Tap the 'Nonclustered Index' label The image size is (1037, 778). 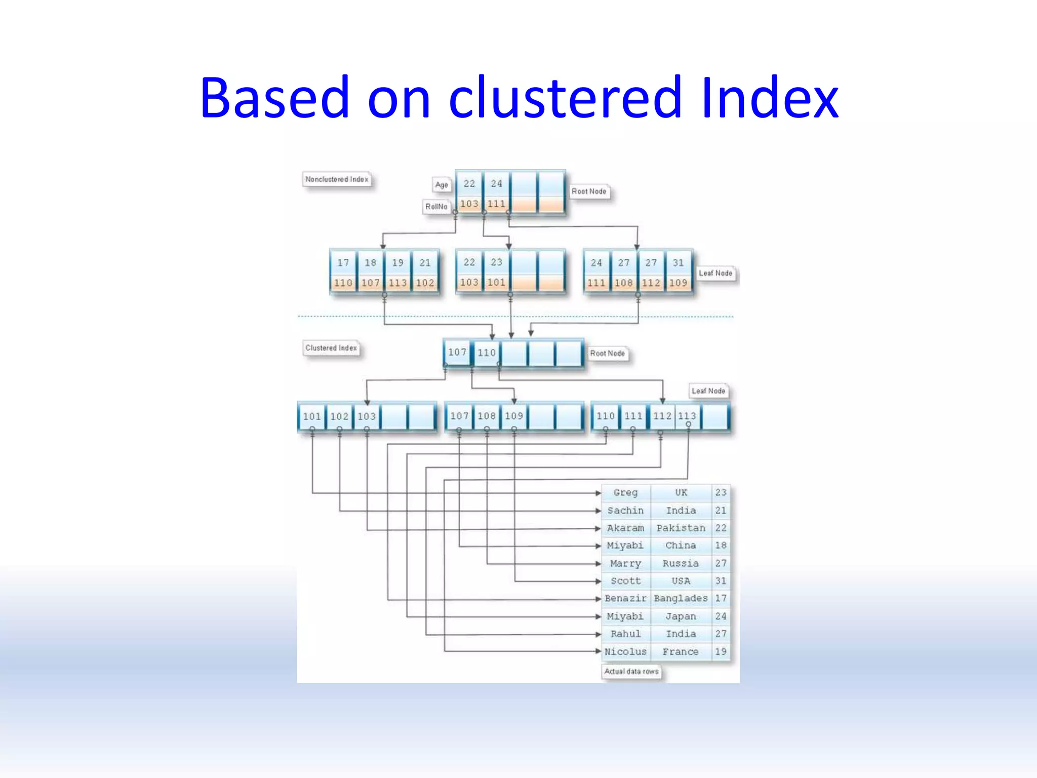(337, 179)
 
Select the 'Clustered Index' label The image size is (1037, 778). (331, 348)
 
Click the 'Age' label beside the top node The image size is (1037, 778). (442, 185)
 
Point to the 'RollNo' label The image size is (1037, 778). (436, 207)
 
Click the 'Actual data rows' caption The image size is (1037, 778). (631, 672)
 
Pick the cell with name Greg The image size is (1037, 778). (625, 492)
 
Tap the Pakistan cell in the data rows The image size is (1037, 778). (681, 528)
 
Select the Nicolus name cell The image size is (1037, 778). (625, 652)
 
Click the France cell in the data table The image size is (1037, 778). (681, 652)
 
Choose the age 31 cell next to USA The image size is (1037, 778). (721, 581)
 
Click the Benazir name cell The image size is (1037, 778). (625, 599)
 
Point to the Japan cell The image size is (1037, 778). (681, 616)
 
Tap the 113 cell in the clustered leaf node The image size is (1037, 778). (687, 416)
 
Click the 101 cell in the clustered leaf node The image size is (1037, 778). (312, 416)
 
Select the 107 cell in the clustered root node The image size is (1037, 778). (457, 352)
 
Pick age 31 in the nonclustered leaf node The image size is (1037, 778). (678, 262)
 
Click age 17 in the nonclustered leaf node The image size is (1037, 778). (343, 262)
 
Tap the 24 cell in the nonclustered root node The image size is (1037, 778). (496, 183)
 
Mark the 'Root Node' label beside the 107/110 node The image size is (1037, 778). (607, 354)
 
